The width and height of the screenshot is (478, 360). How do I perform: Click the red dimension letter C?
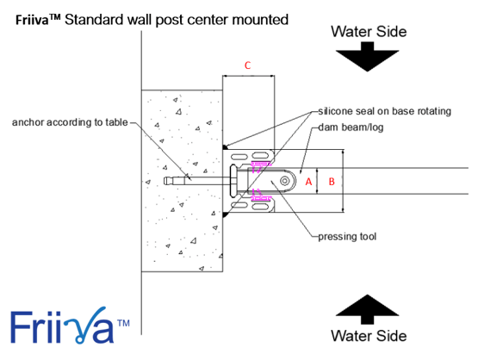[x=247, y=65]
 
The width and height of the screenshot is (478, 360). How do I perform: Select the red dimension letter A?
[x=308, y=182]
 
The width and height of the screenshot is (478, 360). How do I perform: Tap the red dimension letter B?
[x=332, y=182]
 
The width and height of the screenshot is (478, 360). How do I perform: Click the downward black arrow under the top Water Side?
[x=368, y=56]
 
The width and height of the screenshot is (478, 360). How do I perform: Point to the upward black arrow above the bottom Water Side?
[x=368, y=309]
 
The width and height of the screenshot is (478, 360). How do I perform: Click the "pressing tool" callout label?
[x=347, y=237]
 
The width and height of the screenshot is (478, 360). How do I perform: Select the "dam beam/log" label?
[x=351, y=127]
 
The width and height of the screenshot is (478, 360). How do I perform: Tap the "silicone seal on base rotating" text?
[x=385, y=111]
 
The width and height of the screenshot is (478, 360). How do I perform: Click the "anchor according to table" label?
[x=70, y=122]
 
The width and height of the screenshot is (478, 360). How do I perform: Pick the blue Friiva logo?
[x=70, y=326]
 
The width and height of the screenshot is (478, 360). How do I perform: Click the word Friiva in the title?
[x=32, y=20]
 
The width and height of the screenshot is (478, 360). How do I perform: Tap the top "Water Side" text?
[x=369, y=32]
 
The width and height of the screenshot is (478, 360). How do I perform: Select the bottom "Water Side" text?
[x=369, y=336]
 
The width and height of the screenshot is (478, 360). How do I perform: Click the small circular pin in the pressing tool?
[x=285, y=181]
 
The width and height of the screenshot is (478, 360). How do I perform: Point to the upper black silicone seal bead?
[x=225, y=147]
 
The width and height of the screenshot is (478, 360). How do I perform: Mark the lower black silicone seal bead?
[x=225, y=214]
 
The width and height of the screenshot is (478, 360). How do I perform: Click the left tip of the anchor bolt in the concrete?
[x=165, y=181]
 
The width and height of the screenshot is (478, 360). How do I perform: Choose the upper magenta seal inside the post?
[x=260, y=165]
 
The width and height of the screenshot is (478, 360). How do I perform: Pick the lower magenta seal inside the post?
[x=260, y=196]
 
